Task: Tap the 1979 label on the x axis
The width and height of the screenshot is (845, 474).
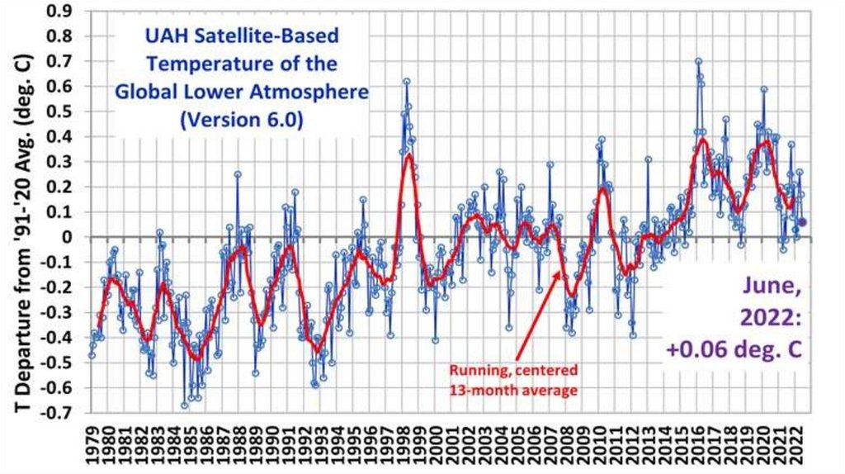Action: coord(92,446)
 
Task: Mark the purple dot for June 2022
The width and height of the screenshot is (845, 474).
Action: coord(803,221)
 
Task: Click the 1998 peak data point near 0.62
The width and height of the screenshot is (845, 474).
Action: coord(407,81)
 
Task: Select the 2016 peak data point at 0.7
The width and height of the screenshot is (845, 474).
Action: coord(698,61)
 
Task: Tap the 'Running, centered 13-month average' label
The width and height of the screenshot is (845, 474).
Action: coord(512,379)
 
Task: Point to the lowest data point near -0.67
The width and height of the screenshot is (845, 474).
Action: coord(185,405)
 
